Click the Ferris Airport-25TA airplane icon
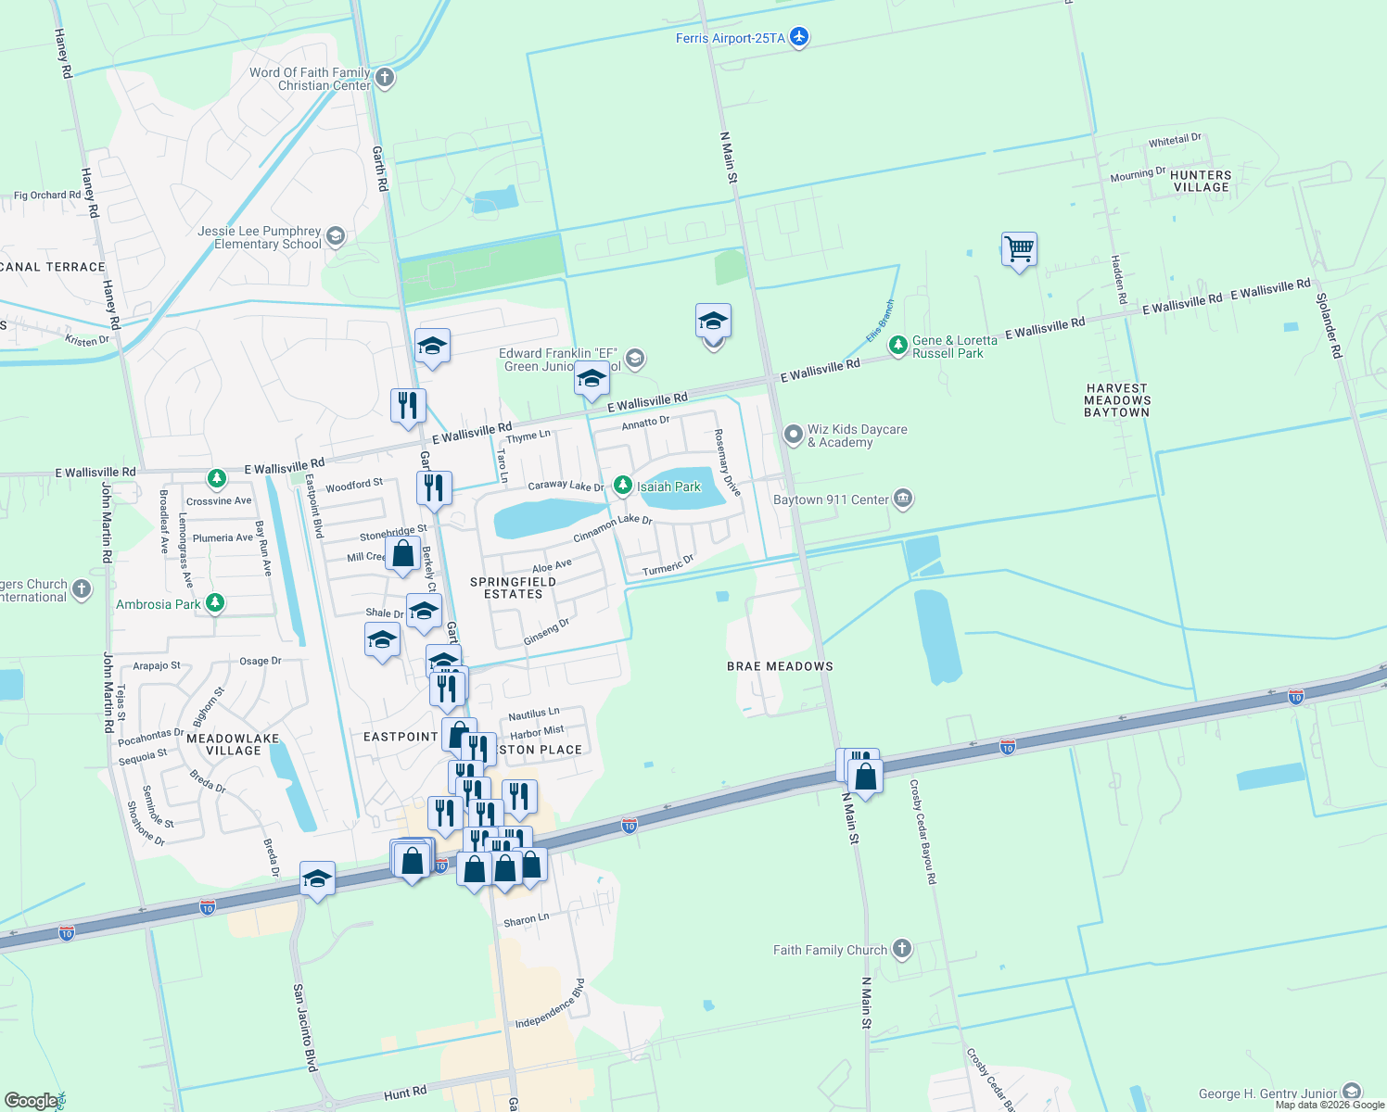tap(799, 38)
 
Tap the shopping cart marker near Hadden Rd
tap(1019, 249)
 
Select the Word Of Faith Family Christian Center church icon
tap(385, 79)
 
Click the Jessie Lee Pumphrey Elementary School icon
tap(336, 237)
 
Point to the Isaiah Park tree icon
tap(623, 486)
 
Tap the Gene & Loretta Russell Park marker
tap(897, 347)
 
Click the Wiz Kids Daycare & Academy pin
tap(793, 435)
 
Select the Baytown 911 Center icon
tap(903, 499)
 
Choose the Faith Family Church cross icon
tap(901, 949)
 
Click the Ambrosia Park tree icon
tap(215, 604)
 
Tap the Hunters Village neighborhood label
tap(1201, 181)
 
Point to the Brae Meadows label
tap(780, 666)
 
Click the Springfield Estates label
tap(513, 588)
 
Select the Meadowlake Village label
tap(233, 744)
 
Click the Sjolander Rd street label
tap(1329, 325)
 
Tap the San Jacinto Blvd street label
tap(305, 1028)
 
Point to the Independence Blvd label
tap(550, 1005)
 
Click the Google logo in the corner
tap(32, 1100)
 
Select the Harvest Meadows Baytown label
tap(1117, 400)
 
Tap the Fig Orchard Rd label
tap(47, 196)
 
